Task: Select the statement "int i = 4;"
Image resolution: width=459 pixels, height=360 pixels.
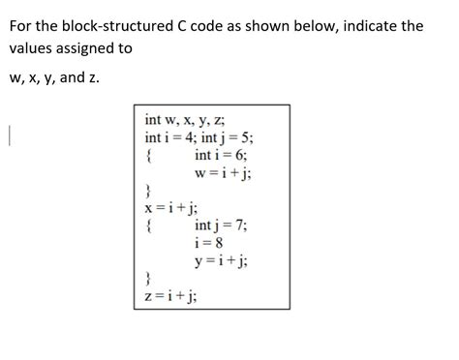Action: (x=168, y=137)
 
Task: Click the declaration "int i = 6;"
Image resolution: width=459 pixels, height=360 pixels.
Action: (x=221, y=155)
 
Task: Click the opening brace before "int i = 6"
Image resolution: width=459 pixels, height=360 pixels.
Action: (x=147, y=155)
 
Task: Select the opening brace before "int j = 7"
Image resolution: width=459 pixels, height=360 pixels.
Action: (x=147, y=225)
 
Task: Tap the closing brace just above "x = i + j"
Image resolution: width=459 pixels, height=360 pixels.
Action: (x=147, y=190)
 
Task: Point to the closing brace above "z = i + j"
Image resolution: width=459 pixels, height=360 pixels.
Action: (x=147, y=279)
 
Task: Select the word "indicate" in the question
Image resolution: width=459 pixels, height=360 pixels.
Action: (x=363, y=25)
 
